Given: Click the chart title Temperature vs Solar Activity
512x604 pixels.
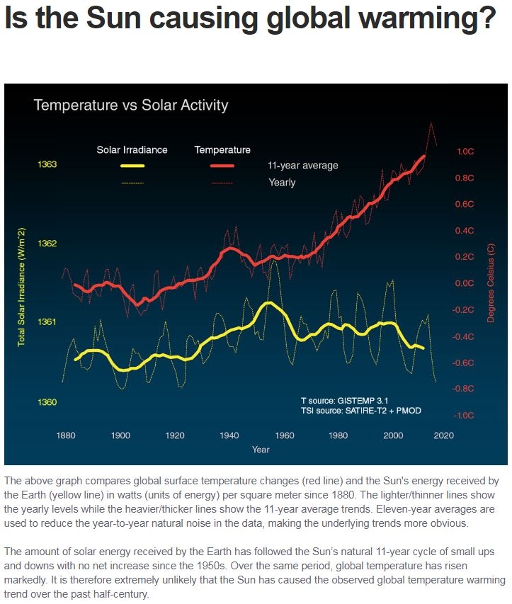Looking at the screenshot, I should tap(131, 106).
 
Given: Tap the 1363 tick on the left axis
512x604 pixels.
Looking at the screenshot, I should tap(47, 164).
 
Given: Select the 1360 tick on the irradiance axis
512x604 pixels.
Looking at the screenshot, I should tap(47, 402).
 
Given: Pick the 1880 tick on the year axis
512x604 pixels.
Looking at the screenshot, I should tap(66, 434).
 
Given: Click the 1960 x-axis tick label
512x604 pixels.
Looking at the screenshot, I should tap(284, 434).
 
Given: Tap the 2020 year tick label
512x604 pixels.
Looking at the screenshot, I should tap(447, 434).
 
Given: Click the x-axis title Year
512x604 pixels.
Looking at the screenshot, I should tap(261, 449).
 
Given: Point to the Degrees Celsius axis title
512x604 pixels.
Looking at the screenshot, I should tap(491, 283).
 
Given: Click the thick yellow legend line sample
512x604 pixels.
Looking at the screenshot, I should tap(132, 166).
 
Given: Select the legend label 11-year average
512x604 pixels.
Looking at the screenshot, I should tap(303, 166).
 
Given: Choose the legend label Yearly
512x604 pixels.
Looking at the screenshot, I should tap(282, 183).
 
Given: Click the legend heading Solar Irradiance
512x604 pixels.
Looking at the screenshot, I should tap(132, 150).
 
